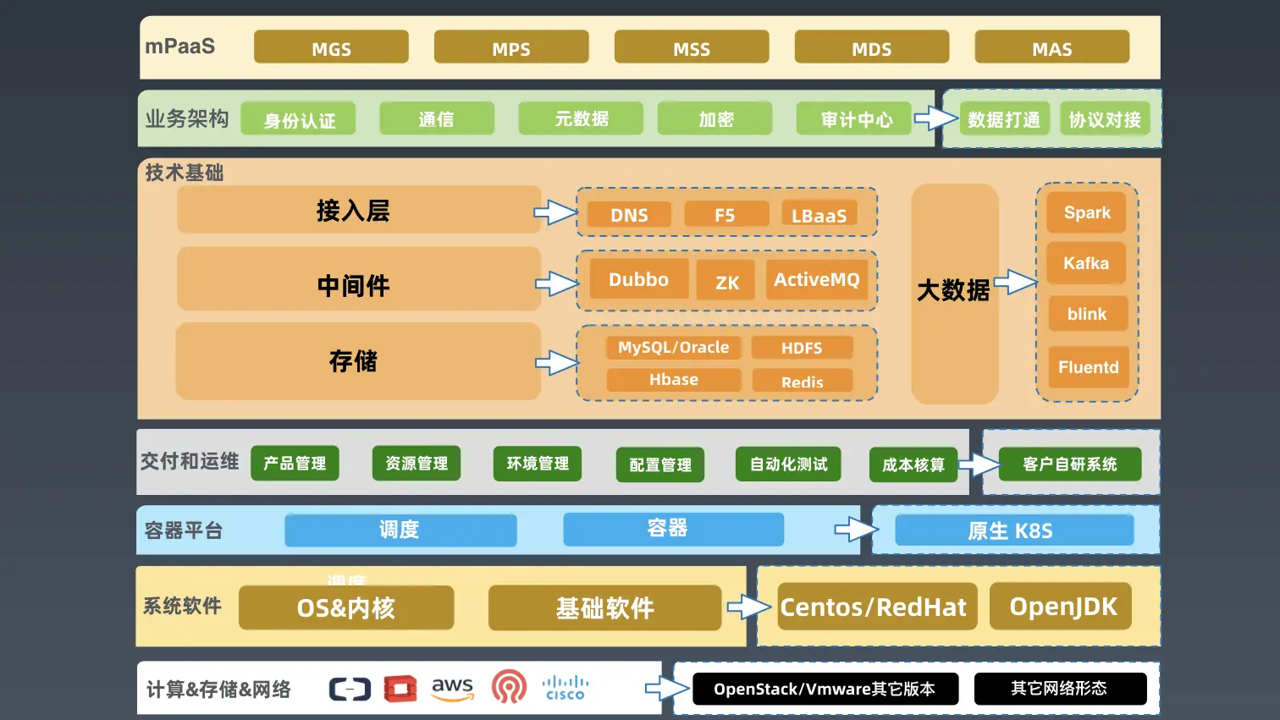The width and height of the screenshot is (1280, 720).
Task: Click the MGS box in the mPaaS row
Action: [331, 47]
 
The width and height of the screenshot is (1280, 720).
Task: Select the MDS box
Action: [871, 47]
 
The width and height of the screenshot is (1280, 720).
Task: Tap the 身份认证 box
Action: [298, 119]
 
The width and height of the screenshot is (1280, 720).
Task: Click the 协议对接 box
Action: [1104, 119]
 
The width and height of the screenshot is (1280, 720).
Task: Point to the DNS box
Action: [628, 215]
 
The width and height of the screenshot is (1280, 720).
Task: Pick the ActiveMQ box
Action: [816, 280]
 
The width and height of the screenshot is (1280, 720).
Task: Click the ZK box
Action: [727, 282]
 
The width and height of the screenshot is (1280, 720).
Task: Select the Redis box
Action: [802, 381]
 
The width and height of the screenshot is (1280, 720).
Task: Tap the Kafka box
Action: [1086, 263]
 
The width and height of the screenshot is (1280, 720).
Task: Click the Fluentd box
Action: [1088, 367]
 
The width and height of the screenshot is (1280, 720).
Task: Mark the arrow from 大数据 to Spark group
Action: [1015, 283]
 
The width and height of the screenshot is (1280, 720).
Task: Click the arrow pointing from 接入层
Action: [555, 212]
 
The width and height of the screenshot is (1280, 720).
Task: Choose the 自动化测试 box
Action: [788, 464]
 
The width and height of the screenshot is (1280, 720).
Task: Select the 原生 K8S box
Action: [1013, 530]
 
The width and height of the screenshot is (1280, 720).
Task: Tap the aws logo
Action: [452, 689]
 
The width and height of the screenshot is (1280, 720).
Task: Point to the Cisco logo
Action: [565, 688]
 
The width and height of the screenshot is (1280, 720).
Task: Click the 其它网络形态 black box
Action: [1059, 689]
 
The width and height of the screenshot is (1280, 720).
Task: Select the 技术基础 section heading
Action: [184, 173]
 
